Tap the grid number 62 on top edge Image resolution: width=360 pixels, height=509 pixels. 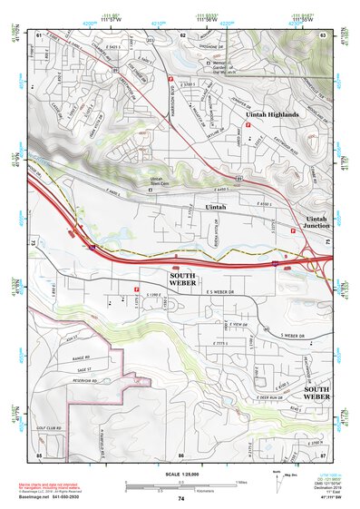point(182,34)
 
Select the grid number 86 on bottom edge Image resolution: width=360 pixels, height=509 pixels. point(181,454)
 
